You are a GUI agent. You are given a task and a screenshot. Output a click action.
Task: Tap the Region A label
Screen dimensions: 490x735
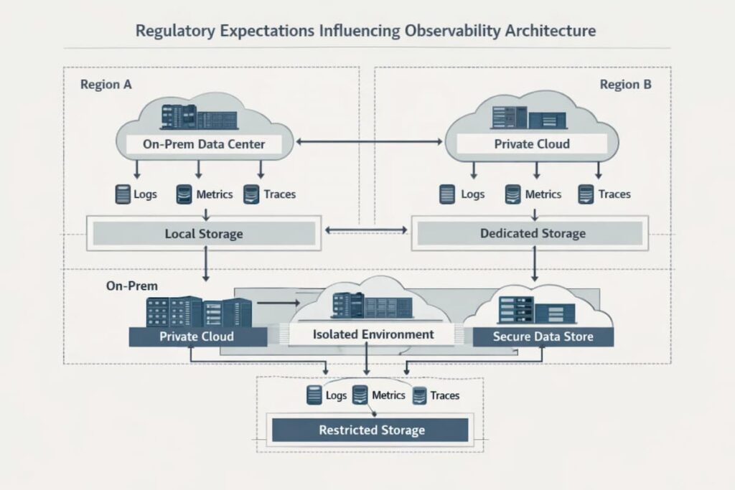pyautogui.click(x=106, y=85)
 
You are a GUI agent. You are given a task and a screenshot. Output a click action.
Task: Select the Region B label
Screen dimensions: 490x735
pyautogui.click(x=625, y=85)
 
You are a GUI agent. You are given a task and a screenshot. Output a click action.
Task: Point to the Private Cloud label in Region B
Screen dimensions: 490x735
pyautogui.click(x=532, y=144)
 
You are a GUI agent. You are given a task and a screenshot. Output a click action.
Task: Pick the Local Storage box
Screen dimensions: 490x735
pyautogui.click(x=204, y=234)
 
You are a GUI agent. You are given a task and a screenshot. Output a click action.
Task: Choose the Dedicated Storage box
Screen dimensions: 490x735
pyautogui.click(x=533, y=234)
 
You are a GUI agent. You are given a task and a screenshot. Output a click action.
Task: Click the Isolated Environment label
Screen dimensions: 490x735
pyautogui.click(x=373, y=334)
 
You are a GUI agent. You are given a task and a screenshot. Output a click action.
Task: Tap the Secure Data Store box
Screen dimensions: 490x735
pyautogui.click(x=543, y=336)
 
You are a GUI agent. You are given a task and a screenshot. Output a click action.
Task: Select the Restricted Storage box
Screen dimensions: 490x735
pyautogui.click(x=371, y=430)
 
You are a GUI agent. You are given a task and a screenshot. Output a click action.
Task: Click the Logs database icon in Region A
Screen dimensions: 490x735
pyautogui.click(x=123, y=194)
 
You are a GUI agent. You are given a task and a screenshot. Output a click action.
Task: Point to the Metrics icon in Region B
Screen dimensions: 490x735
pyautogui.click(x=512, y=194)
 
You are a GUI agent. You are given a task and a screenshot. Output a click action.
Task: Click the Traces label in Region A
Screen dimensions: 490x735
pyautogui.click(x=279, y=194)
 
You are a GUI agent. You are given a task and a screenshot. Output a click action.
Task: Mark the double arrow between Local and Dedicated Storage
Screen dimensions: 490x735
pyautogui.click(x=366, y=231)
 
